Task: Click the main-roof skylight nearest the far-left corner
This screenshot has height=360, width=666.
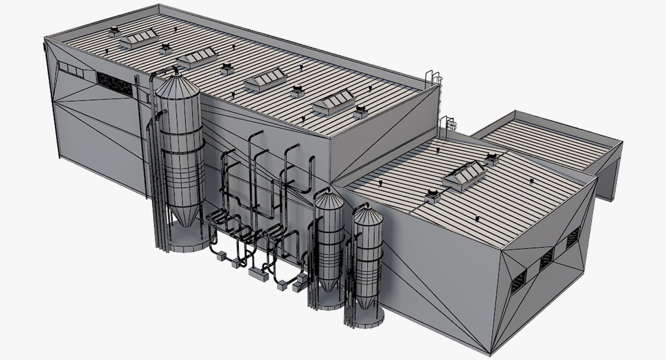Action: pos(138,38)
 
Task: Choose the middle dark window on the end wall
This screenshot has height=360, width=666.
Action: pos(547,259)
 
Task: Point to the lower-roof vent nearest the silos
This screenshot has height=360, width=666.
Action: pos(432,195)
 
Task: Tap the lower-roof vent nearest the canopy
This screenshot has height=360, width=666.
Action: pos(491,158)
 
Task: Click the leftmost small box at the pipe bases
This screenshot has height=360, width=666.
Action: pos(221,258)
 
